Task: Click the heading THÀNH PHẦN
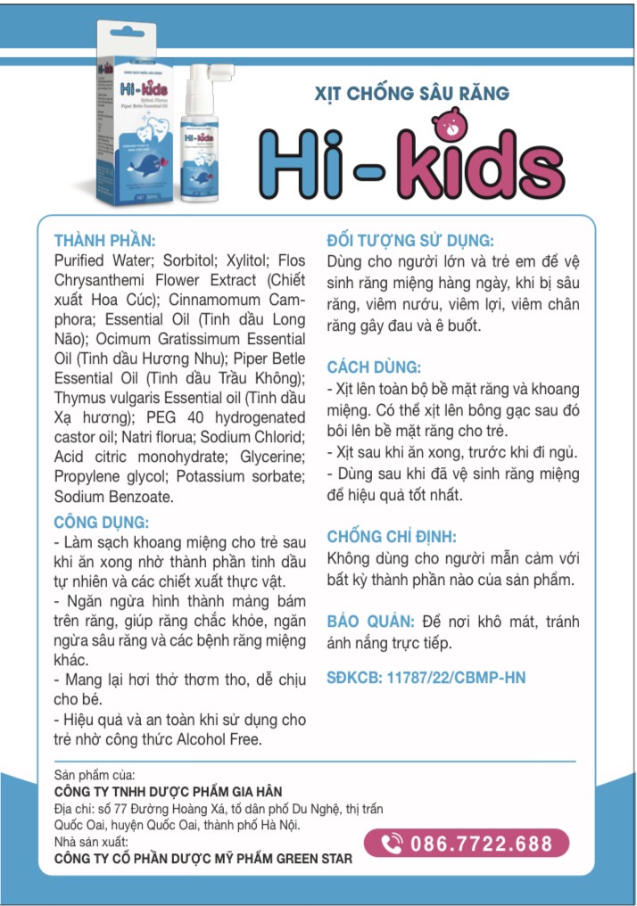tap(104, 240)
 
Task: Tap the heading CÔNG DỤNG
tap(101, 522)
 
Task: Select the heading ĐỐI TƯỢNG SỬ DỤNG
tap(410, 240)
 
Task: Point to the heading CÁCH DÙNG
tap(373, 367)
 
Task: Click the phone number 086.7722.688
tap(480, 844)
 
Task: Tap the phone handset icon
tap(391, 844)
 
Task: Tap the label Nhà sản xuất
tap(91, 842)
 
